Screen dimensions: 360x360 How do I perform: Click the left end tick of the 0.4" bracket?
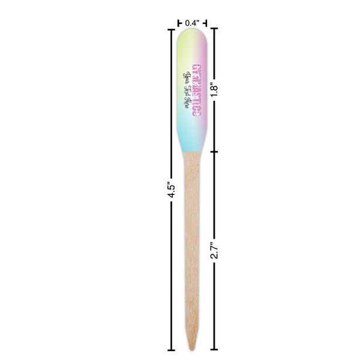pos(179,23)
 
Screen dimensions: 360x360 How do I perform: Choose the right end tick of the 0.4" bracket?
pos(208,23)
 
